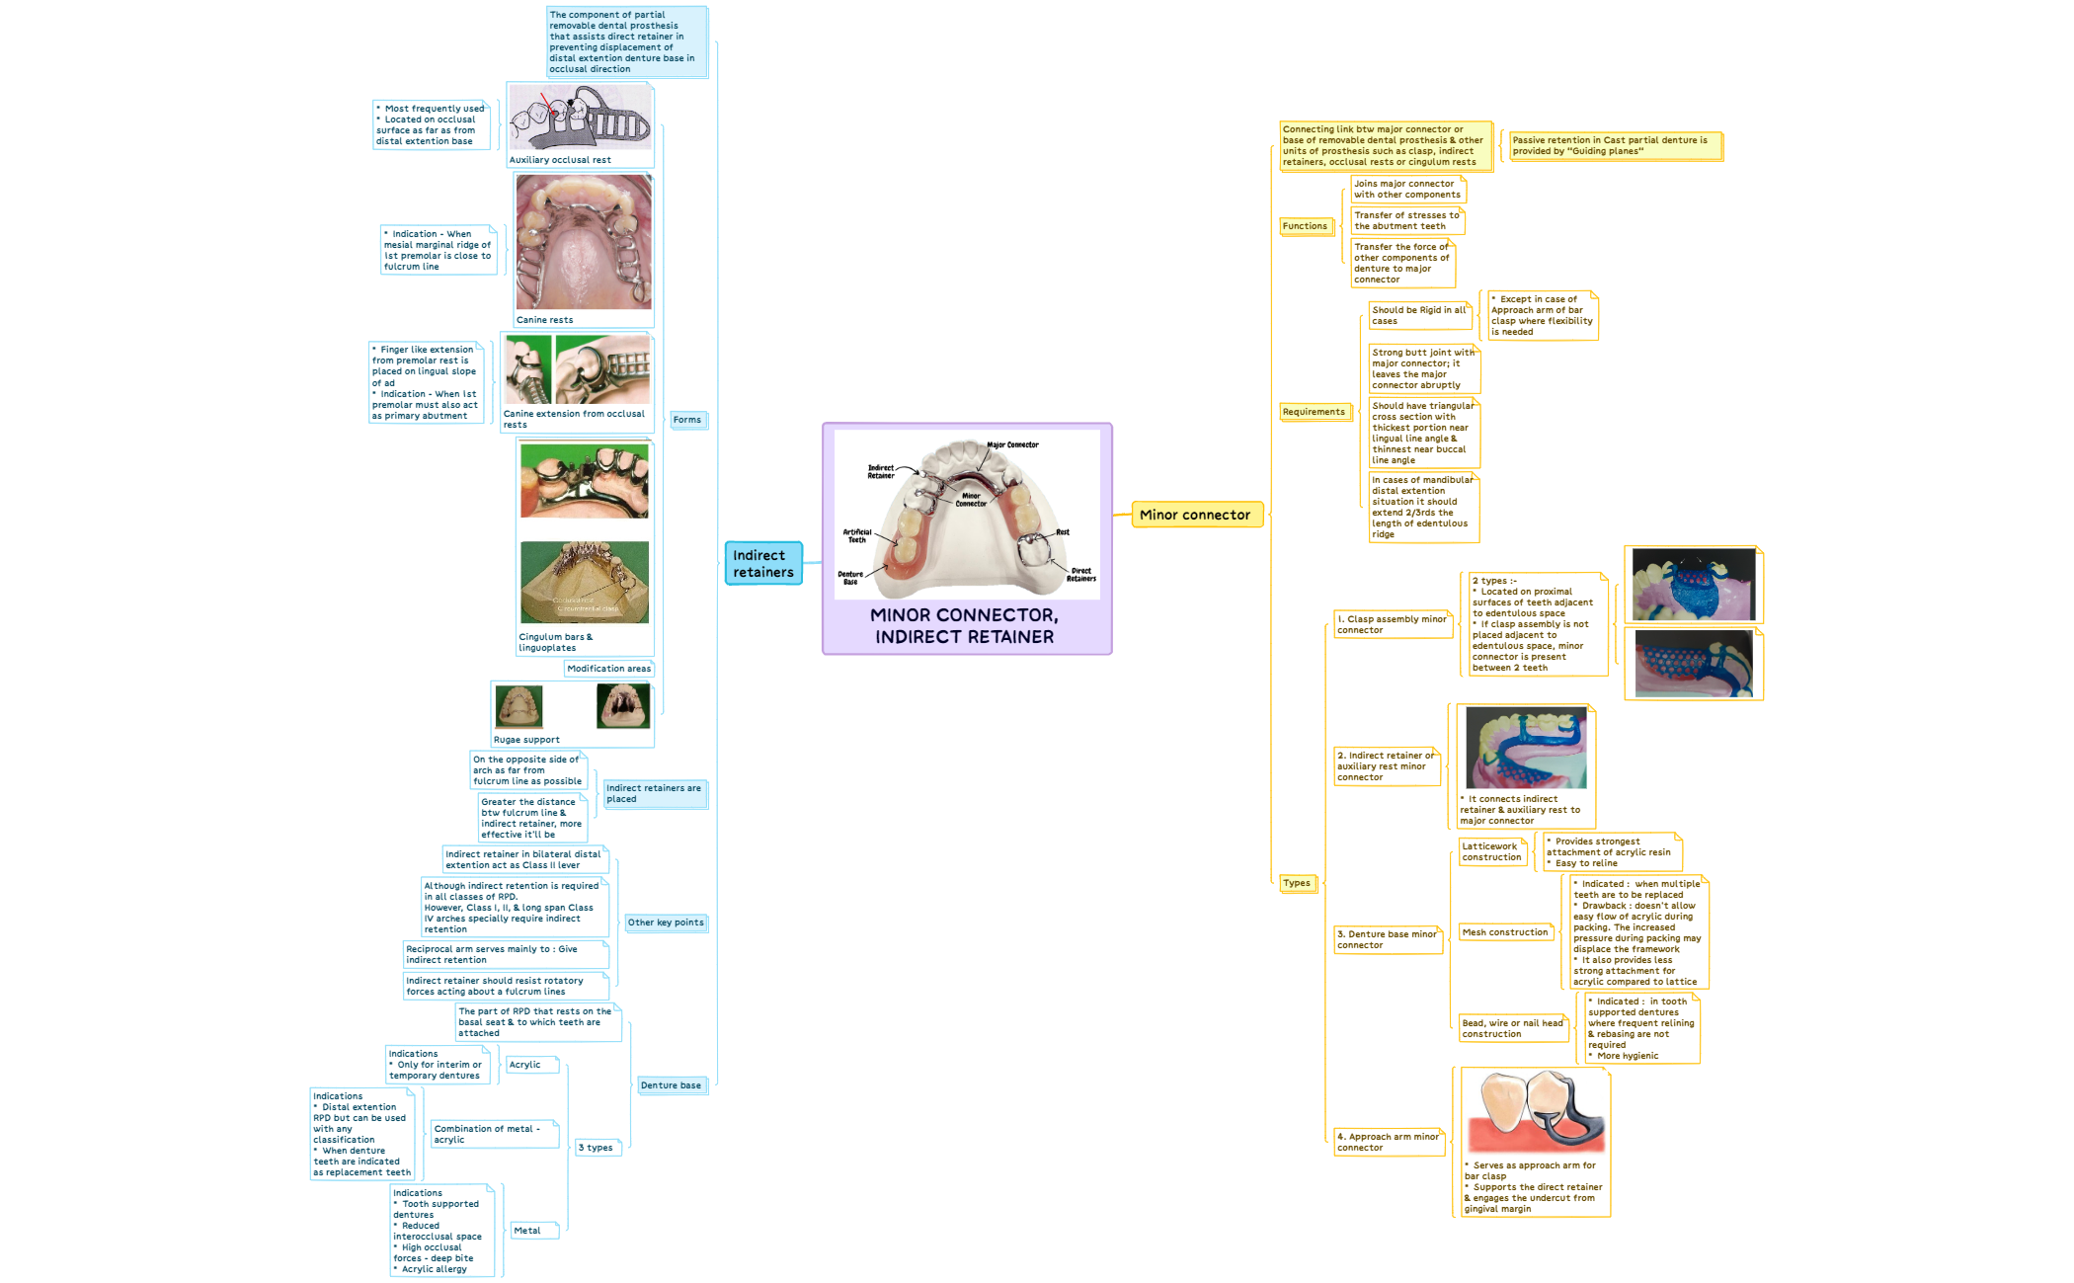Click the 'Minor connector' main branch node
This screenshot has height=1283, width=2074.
pyautogui.click(x=1195, y=515)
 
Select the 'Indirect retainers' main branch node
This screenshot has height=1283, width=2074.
pyautogui.click(x=762, y=564)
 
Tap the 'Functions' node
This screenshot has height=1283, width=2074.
pyautogui.click(x=1305, y=226)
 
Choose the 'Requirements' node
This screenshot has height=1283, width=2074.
pyautogui.click(x=1314, y=412)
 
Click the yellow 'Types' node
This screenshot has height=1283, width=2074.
pyautogui.click(x=1297, y=883)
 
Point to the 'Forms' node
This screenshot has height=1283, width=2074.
pyautogui.click(x=687, y=420)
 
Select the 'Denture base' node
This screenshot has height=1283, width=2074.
pyautogui.click(x=671, y=1085)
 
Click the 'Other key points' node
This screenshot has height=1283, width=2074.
pyautogui.click(x=666, y=922)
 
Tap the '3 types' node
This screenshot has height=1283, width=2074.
pyautogui.click(x=596, y=1148)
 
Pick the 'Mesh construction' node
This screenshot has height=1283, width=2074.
pyautogui.click(x=1505, y=932)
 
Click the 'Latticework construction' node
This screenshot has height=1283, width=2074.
pyautogui.click(x=1491, y=851)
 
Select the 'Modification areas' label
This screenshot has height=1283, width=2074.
pyautogui.click(x=608, y=669)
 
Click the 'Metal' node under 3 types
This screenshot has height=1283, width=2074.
pyautogui.click(x=527, y=1231)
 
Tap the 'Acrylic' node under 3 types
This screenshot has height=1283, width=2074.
pyautogui.click(x=525, y=1065)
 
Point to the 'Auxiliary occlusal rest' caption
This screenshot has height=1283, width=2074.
pyautogui.click(x=560, y=160)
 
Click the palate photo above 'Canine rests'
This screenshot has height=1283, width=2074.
pyautogui.click(x=584, y=242)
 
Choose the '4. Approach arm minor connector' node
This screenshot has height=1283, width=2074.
pyautogui.click(x=1388, y=1142)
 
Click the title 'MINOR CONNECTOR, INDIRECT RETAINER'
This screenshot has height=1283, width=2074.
pyautogui.click(x=964, y=626)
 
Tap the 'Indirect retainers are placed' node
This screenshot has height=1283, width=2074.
pyautogui.click(x=654, y=793)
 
